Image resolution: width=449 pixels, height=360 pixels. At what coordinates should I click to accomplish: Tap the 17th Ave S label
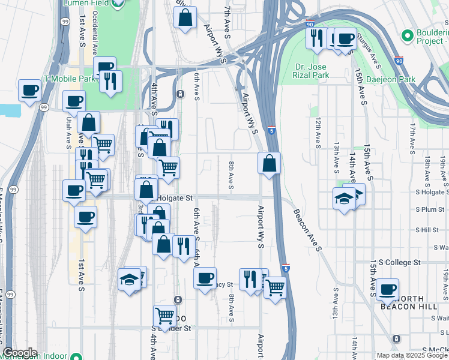[x=412, y=139]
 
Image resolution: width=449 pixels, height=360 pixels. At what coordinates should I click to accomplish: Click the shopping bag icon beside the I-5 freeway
[x=270, y=163]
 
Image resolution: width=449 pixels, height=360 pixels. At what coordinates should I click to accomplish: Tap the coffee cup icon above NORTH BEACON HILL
[x=387, y=289]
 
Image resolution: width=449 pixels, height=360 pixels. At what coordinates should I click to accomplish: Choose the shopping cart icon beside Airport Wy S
[x=275, y=289]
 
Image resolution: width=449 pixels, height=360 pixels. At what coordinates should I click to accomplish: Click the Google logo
[x=20, y=353]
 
